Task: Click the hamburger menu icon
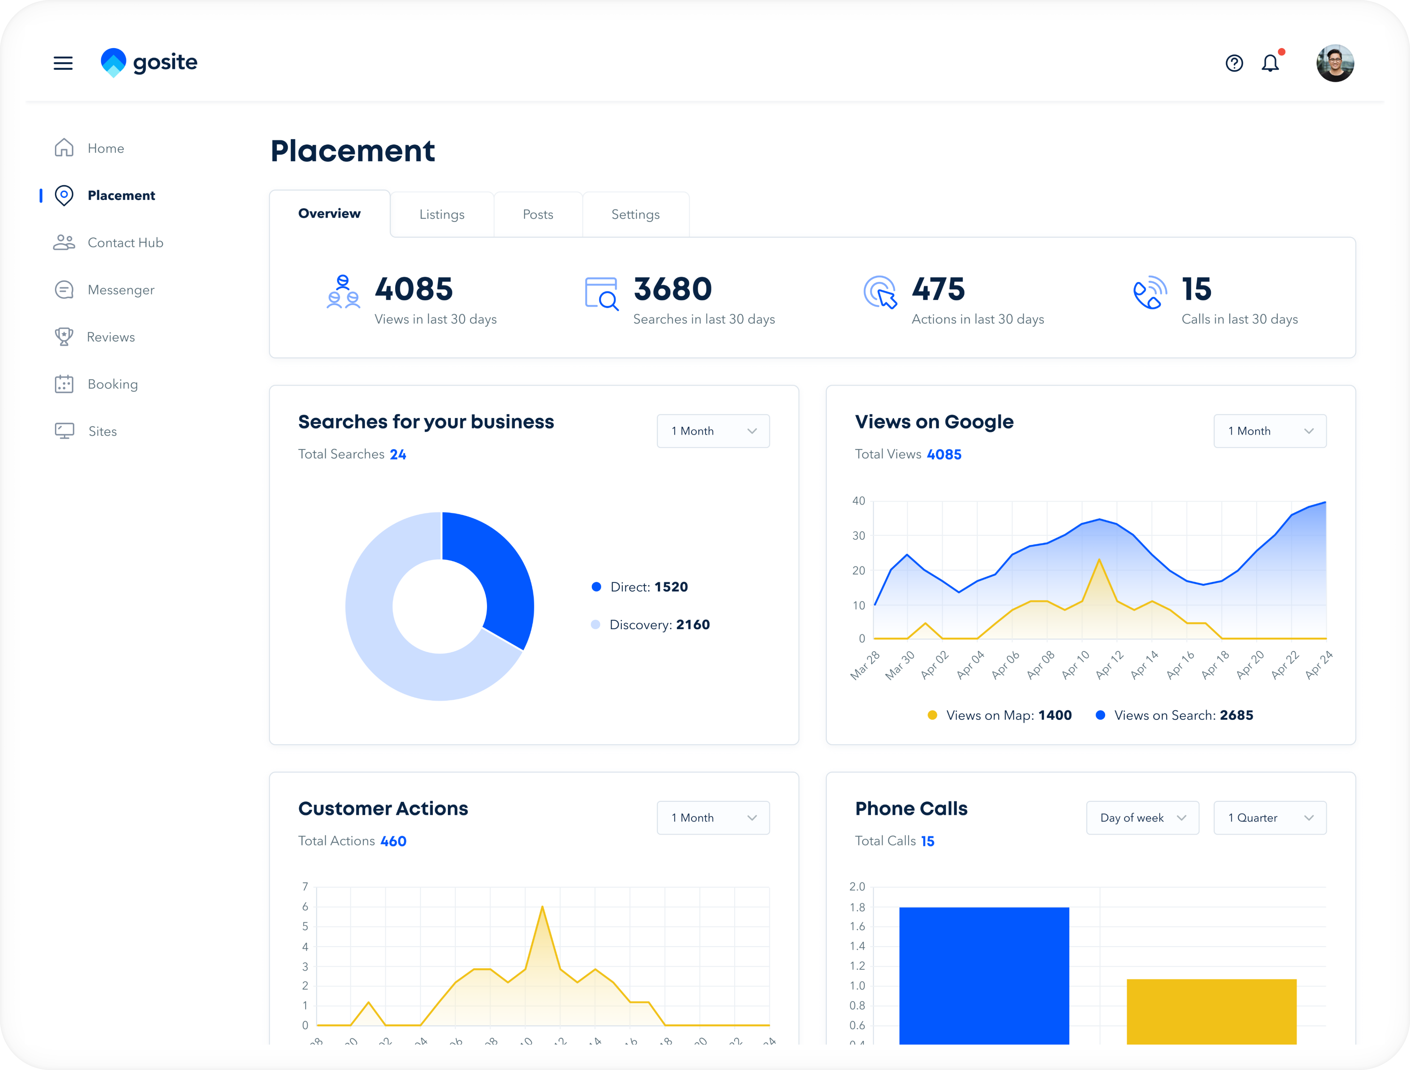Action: click(63, 63)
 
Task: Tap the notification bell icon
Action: click(1270, 63)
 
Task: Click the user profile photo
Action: click(1335, 63)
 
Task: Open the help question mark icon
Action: click(1234, 63)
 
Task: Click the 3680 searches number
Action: click(673, 289)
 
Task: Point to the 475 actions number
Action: click(938, 289)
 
